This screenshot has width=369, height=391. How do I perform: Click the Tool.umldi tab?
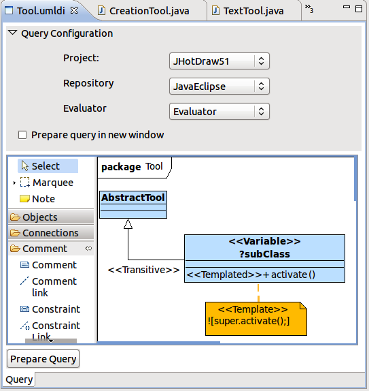pyautogui.click(x=41, y=11)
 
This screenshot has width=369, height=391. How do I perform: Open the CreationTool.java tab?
pyautogui.click(x=149, y=11)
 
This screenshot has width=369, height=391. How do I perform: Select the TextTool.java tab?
pyautogui.click(x=253, y=11)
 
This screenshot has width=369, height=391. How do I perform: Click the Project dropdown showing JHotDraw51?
pyautogui.click(x=219, y=61)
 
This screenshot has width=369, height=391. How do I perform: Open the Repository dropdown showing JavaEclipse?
pyautogui.click(x=219, y=87)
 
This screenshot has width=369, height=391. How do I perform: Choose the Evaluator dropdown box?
pyautogui.click(x=219, y=112)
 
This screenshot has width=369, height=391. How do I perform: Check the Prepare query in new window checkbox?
pyautogui.click(x=22, y=135)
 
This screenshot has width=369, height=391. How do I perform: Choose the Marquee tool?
pyautogui.click(x=47, y=183)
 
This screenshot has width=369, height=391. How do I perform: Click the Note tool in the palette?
pyautogui.click(x=37, y=199)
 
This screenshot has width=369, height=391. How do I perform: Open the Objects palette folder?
pyautogui.click(x=51, y=217)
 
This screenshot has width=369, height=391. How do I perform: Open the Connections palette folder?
pyautogui.click(x=51, y=233)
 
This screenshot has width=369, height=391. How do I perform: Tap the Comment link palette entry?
pyautogui.click(x=48, y=287)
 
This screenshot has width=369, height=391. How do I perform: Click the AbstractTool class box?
pyautogui.click(x=133, y=205)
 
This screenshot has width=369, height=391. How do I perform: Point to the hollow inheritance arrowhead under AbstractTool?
pyautogui.click(x=128, y=223)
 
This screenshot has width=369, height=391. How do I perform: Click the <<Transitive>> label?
pyautogui.click(x=143, y=270)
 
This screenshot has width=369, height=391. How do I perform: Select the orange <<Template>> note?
pyautogui.click(x=256, y=319)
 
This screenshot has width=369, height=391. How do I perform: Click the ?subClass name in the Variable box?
pyautogui.click(x=264, y=254)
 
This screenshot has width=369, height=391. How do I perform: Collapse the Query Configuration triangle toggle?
pyautogui.click(x=12, y=33)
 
